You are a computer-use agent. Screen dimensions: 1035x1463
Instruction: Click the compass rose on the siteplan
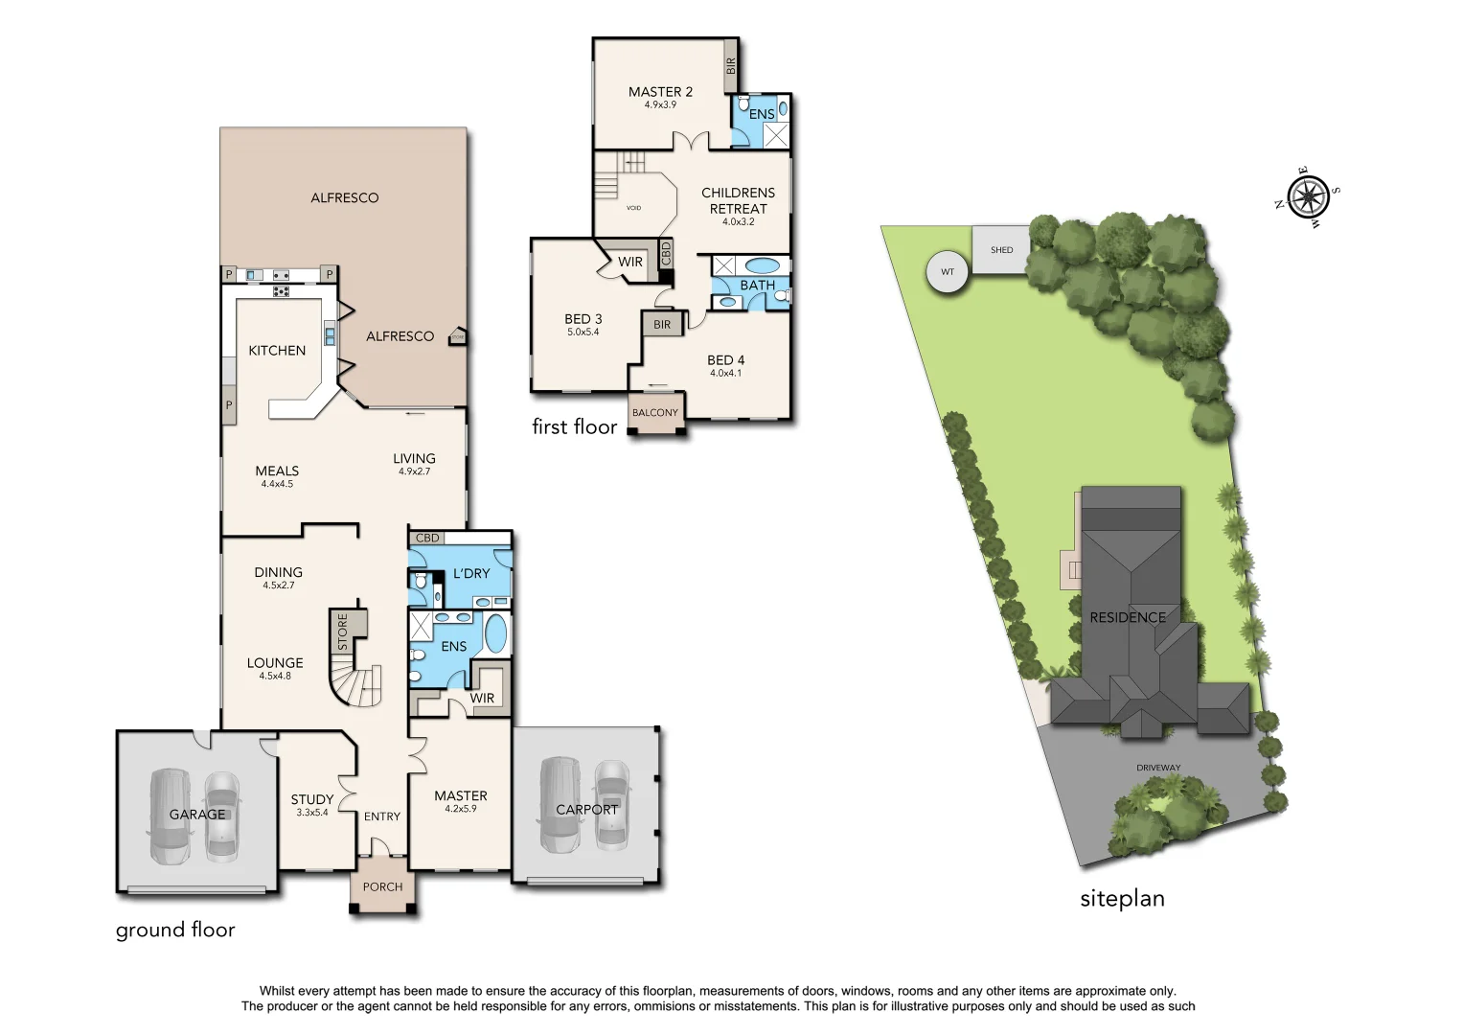(x=1308, y=197)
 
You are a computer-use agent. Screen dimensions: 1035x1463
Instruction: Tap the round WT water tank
(x=948, y=272)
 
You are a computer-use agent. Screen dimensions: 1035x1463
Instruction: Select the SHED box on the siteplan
(x=1001, y=250)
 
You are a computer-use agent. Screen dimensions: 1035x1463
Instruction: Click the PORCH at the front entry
(x=382, y=886)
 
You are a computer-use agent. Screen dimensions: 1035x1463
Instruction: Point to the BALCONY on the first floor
(x=655, y=413)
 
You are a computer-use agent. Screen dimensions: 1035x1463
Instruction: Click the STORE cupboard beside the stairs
(x=343, y=632)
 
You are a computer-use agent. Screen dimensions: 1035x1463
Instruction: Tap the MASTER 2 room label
(x=660, y=92)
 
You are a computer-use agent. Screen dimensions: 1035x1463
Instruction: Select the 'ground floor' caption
(x=175, y=930)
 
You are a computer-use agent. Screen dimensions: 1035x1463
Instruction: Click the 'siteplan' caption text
(x=1122, y=899)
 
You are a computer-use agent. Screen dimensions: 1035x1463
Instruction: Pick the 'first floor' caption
(x=574, y=427)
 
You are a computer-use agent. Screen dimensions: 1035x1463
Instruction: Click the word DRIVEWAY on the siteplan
(x=1158, y=768)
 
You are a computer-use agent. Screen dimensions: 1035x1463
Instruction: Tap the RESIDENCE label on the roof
(x=1128, y=618)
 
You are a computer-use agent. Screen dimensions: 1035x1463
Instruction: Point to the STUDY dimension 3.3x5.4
(x=312, y=813)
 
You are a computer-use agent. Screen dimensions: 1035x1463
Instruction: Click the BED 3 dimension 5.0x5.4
(x=583, y=333)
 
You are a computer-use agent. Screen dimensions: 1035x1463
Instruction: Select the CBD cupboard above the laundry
(x=427, y=539)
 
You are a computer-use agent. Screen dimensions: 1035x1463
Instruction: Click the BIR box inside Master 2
(x=730, y=65)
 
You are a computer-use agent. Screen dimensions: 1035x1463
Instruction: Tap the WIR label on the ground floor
(x=482, y=699)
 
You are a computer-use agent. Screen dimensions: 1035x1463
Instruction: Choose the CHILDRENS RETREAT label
(x=738, y=200)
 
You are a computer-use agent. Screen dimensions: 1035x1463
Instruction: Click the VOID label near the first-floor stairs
(x=633, y=208)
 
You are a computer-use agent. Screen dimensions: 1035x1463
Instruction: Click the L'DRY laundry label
(x=471, y=573)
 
